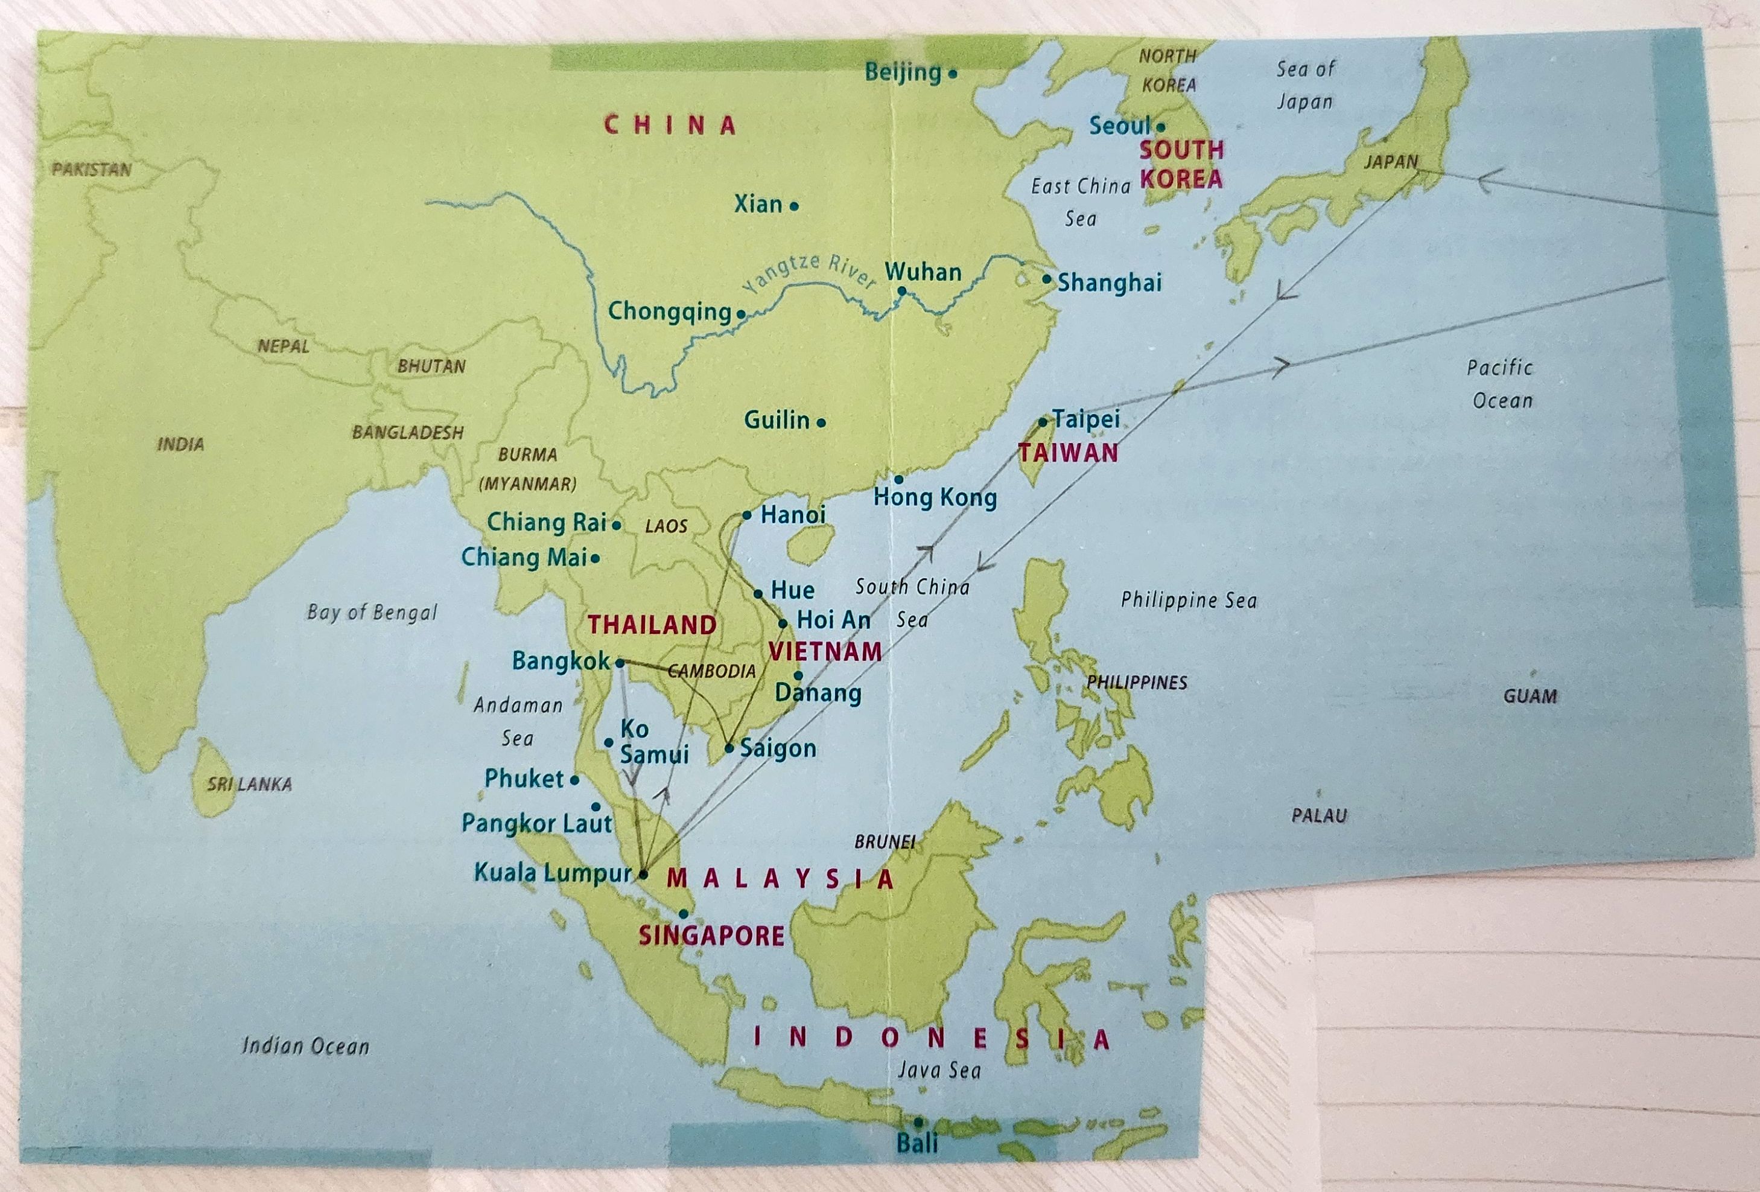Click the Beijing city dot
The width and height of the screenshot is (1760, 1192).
point(953,74)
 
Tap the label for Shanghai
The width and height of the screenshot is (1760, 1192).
point(1109,282)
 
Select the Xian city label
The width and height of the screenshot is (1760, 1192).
point(758,204)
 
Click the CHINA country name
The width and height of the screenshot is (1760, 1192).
point(670,125)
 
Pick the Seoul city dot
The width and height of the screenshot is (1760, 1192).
point(1161,127)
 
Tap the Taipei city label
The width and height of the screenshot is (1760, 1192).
point(1086,419)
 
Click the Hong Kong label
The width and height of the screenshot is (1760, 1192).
point(935,497)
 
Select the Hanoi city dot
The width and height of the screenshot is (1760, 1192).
point(747,515)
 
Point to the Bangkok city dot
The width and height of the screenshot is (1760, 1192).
point(620,663)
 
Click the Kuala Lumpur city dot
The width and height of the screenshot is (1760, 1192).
point(644,874)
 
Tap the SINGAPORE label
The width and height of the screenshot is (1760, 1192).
point(711,936)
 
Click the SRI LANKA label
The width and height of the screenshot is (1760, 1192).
point(249,784)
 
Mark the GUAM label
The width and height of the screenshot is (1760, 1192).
point(1530,696)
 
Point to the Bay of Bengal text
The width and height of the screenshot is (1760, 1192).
point(372,612)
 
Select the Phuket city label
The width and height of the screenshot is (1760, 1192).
point(524,779)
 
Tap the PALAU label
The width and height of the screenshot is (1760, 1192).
point(1319,815)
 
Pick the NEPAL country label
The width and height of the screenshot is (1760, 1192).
point(283,346)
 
